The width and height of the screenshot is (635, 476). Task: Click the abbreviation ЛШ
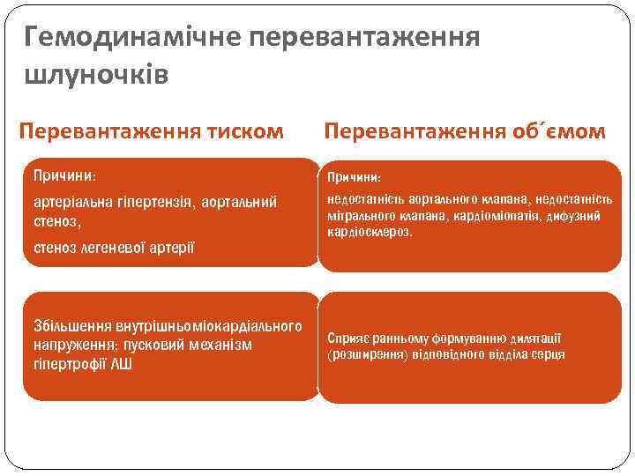point(122,363)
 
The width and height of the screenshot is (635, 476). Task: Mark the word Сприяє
point(348,338)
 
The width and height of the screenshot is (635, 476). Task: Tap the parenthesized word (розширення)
point(367,354)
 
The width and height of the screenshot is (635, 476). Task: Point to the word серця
point(547,354)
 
